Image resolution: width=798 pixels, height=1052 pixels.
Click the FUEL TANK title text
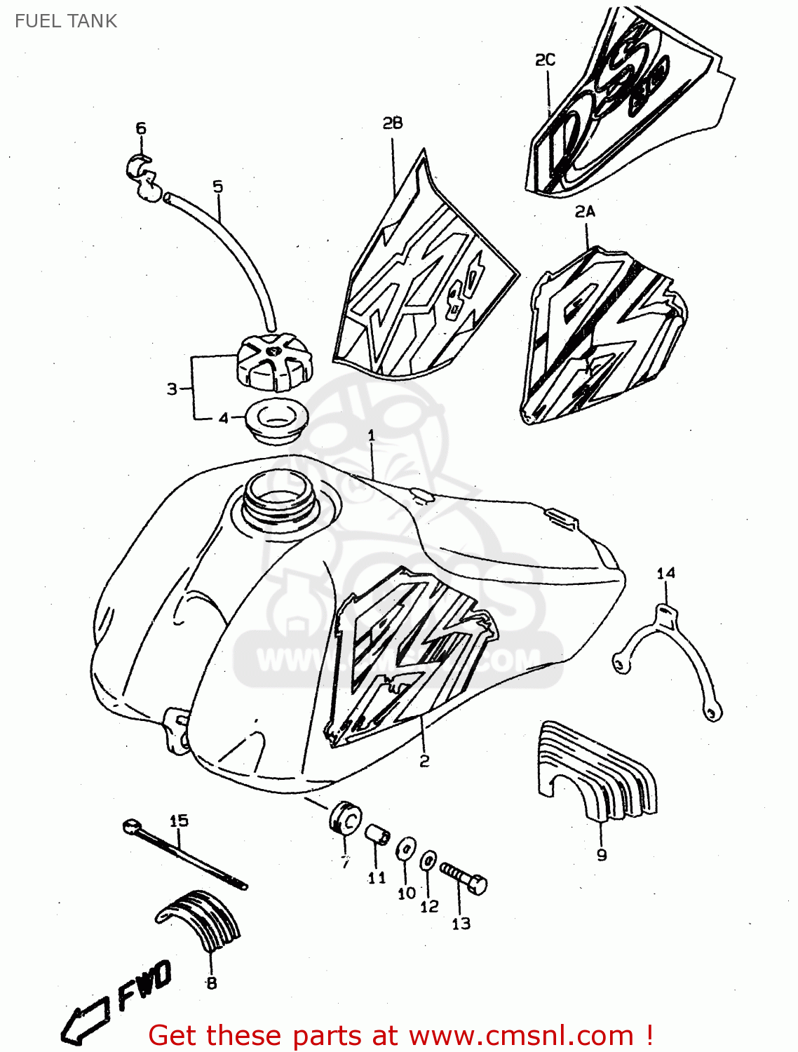click(x=66, y=21)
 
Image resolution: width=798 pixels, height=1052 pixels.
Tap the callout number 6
click(x=141, y=128)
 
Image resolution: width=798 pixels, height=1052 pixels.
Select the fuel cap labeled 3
click(x=274, y=362)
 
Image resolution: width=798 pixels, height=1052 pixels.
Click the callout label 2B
click(x=393, y=123)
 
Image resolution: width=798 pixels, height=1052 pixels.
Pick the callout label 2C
click(x=545, y=60)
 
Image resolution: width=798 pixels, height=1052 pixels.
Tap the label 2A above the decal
click(x=585, y=211)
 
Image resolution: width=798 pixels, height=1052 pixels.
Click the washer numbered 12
click(x=428, y=861)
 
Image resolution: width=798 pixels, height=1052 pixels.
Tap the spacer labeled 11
click(x=376, y=835)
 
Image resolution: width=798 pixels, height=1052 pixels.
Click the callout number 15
click(x=179, y=821)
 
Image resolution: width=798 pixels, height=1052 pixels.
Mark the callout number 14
click(x=665, y=573)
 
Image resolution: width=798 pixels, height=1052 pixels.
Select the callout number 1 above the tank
click(x=371, y=436)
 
